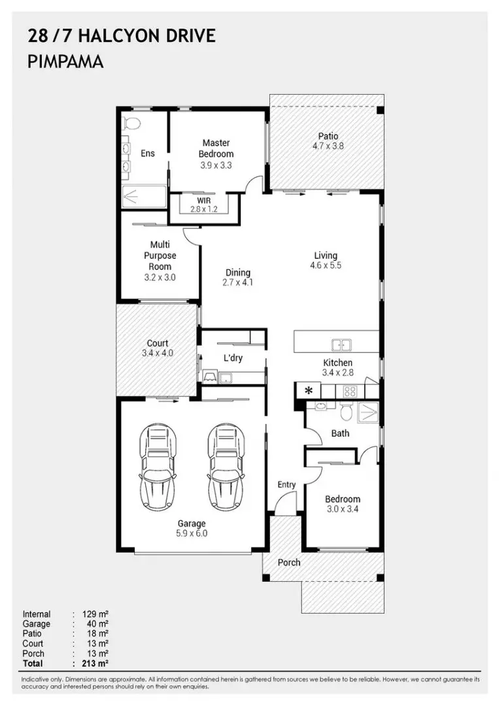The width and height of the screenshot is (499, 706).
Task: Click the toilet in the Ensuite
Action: (x=131, y=122)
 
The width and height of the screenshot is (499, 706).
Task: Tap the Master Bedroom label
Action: (x=216, y=148)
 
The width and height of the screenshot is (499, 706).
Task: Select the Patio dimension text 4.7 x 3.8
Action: (x=328, y=146)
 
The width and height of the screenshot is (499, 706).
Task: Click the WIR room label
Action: (x=203, y=201)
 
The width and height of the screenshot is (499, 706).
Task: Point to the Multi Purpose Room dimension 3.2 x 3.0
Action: (x=160, y=277)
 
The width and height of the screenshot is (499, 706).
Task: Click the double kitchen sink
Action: (x=341, y=345)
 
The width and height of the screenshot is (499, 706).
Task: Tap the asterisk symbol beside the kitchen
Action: (x=309, y=390)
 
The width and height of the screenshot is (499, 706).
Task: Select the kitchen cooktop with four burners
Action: (x=350, y=392)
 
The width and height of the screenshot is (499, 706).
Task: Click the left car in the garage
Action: (x=157, y=467)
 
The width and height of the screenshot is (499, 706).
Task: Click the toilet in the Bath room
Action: (x=347, y=411)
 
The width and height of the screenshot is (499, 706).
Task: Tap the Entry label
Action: (x=286, y=484)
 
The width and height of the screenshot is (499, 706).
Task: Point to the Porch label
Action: (x=288, y=562)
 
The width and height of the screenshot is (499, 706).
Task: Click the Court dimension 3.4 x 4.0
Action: (x=158, y=353)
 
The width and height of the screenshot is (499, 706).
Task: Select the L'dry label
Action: (x=233, y=358)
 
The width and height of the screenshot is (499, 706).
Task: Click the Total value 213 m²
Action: (x=95, y=664)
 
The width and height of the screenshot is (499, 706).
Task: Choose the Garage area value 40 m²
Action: (x=97, y=624)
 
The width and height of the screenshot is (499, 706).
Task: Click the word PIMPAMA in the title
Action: (x=66, y=61)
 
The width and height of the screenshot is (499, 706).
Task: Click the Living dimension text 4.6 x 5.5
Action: (x=326, y=265)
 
